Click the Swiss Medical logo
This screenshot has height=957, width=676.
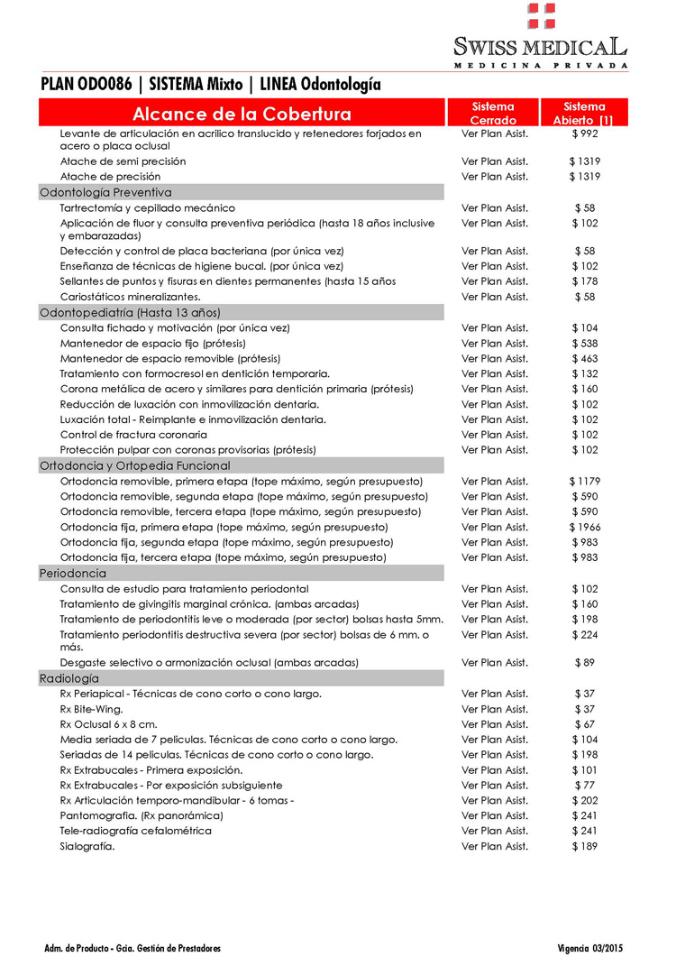tap(541, 36)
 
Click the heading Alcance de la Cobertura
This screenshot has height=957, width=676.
tap(242, 114)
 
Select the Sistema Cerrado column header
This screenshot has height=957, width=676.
tap(493, 113)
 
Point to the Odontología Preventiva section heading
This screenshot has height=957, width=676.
tap(105, 192)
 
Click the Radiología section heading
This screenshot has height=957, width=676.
tap(69, 678)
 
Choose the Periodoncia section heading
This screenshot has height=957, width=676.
tap(73, 573)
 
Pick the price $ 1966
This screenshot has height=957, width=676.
tap(585, 527)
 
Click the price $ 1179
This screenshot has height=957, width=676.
tap(585, 481)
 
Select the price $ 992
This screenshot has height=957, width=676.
tap(585, 133)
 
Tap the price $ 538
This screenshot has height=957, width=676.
tap(585, 343)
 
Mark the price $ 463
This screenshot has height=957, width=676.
tap(585, 358)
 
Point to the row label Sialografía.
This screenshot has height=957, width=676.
tap(87, 846)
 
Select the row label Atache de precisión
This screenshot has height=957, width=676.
tap(110, 177)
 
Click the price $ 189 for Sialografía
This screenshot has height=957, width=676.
tap(585, 846)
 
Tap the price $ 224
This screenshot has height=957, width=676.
tap(585, 634)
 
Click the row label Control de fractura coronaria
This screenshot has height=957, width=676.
tap(133, 435)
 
